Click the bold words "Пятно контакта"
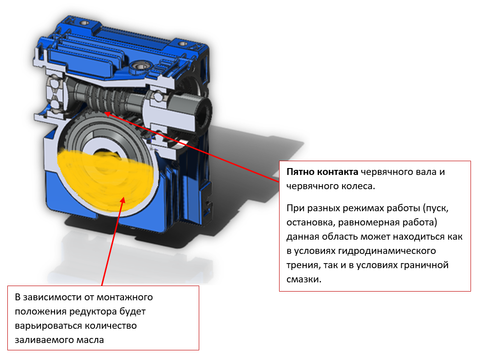coord(322,172)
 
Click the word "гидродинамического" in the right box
coord(387,251)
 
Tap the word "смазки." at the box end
coord(304,280)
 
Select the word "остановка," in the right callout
coord(310,223)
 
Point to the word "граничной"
coord(425,265)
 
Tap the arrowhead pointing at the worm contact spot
coord(108,114)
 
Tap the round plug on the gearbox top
coord(140,66)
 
